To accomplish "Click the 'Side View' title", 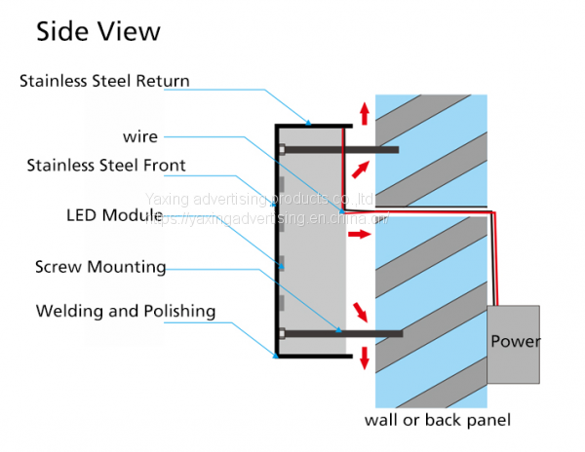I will click(x=97, y=32).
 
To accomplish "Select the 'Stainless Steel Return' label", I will click(x=104, y=81).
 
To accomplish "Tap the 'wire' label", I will click(x=140, y=137).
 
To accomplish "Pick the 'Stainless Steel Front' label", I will click(x=106, y=165).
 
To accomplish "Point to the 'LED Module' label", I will click(x=113, y=214).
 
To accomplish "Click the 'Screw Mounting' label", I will click(x=100, y=266).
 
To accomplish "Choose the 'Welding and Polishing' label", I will click(x=126, y=312).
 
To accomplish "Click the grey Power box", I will click(x=514, y=343).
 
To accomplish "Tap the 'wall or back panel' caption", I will click(x=437, y=421).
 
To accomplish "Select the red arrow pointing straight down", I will click(x=365, y=358).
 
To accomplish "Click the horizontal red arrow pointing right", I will click(x=359, y=235).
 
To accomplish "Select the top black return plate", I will click(x=313, y=125).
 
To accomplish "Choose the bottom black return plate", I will click(x=313, y=357).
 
